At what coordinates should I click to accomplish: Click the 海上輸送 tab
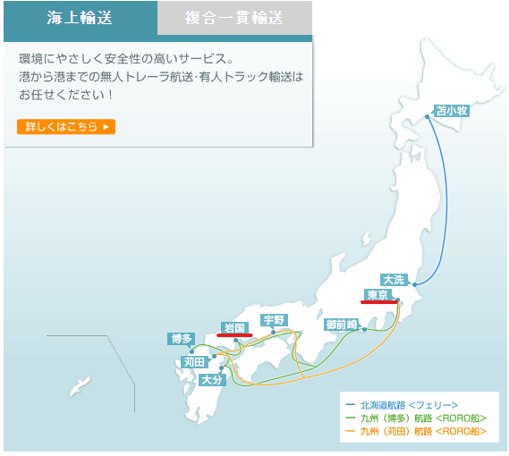pyautogui.click(x=81, y=17)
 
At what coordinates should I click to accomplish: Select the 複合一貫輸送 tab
pyautogui.click(x=235, y=17)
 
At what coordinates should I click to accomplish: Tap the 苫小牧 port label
pyautogui.click(x=451, y=112)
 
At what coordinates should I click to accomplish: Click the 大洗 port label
pyautogui.click(x=394, y=279)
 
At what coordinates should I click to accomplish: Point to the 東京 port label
pyautogui.click(x=378, y=294)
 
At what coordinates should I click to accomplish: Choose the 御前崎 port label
pyautogui.click(x=342, y=324)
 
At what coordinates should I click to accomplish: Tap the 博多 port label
pyautogui.click(x=181, y=339)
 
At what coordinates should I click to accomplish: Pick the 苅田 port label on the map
pyautogui.click(x=194, y=362)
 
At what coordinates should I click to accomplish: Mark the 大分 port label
pyautogui.click(x=211, y=379)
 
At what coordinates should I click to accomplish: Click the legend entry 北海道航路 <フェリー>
pyautogui.click(x=409, y=405)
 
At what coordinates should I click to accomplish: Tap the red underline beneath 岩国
pyautogui.click(x=234, y=335)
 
